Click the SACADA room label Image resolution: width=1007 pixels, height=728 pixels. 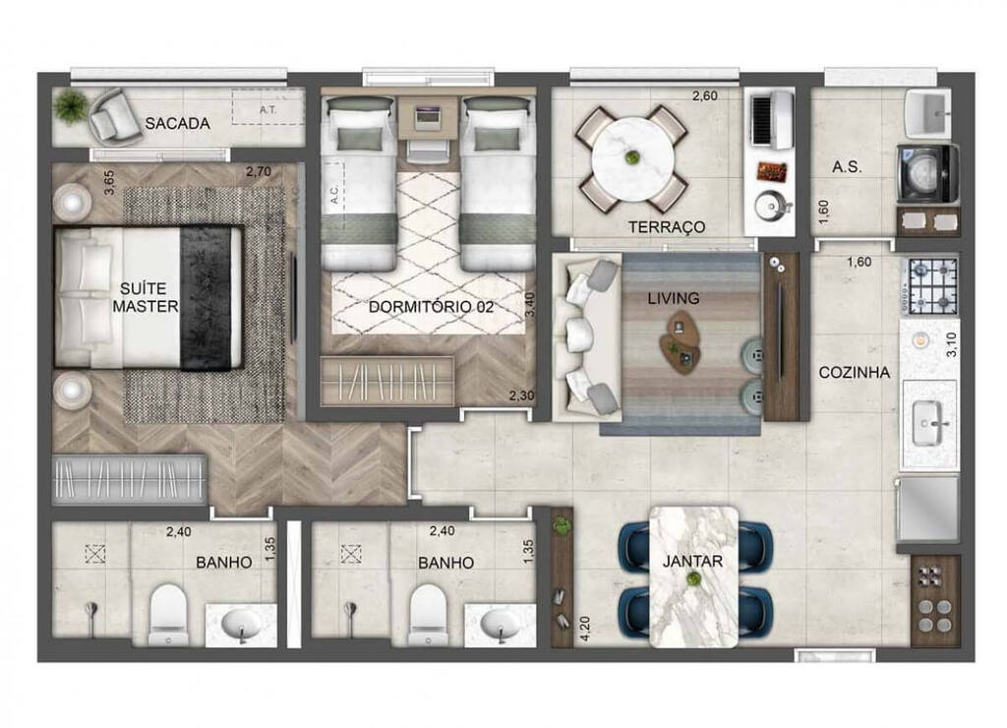click(x=177, y=124)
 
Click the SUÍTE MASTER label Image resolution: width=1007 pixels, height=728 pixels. click(x=145, y=297)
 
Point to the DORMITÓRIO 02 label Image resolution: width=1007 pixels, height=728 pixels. click(x=431, y=307)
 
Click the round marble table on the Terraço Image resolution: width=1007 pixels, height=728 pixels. click(x=631, y=158)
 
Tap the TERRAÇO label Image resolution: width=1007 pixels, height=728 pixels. click(x=667, y=227)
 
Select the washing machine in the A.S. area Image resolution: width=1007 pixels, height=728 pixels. click(x=926, y=173)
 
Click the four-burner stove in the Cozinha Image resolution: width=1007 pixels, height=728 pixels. click(x=930, y=285)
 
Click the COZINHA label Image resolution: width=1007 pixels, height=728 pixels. click(x=855, y=373)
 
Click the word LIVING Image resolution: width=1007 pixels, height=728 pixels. click(x=674, y=297)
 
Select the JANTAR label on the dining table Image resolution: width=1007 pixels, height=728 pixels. click(x=693, y=563)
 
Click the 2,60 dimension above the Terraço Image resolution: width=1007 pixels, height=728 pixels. click(x=706, y=96)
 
